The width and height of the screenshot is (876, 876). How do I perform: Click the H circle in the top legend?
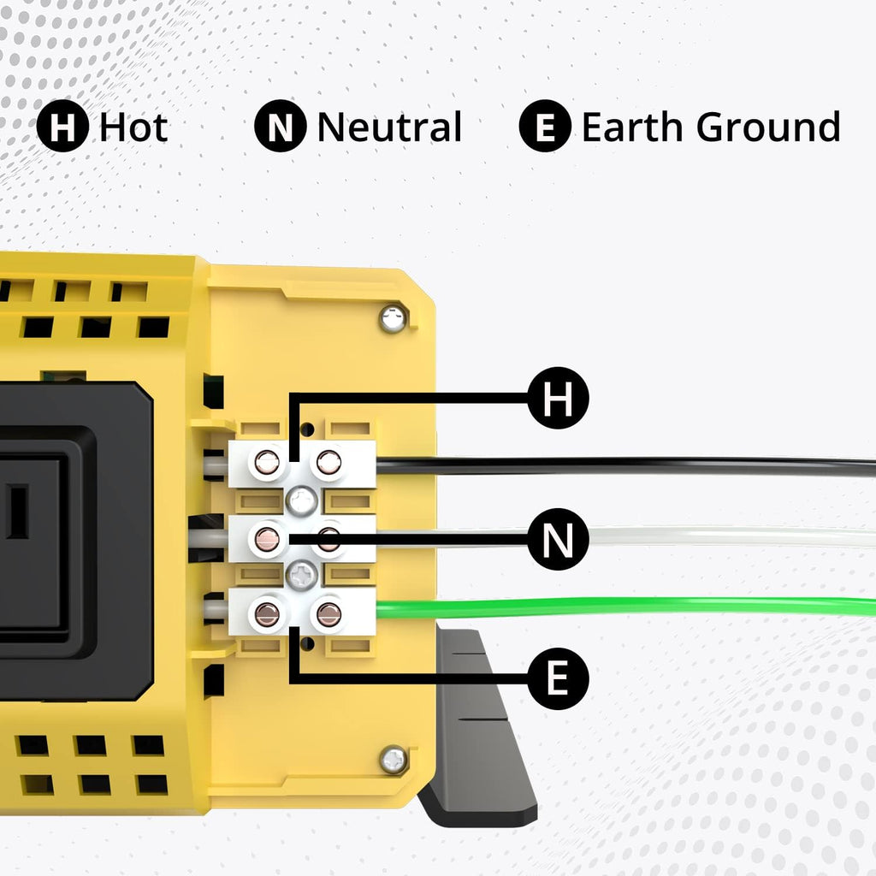(x=62, y=126)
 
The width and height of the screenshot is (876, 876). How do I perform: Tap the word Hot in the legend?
(x=133, y=127)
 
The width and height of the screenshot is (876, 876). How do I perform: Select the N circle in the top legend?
(x=280, y=126)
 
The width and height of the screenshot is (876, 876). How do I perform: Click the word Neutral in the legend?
(x=389, y=127)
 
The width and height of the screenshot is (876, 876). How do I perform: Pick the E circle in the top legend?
(x=545, y=126)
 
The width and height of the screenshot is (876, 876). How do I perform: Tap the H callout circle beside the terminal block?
(x=558, y=398)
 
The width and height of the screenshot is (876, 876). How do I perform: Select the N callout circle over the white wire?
(x=558, y=539)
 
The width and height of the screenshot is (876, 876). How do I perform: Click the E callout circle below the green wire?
(x=558, y=679)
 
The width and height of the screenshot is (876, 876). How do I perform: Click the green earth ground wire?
(x=625, y=607)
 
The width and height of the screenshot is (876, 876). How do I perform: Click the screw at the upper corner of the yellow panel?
(x=394, y=319)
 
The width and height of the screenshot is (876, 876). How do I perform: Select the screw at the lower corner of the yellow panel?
(x=394, y=760)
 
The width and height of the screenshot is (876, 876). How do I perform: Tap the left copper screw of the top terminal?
(x=267, y=462)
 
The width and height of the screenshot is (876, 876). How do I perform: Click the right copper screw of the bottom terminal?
(x=329, y=614)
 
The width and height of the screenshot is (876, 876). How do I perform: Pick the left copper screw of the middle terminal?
(x=267, y=539)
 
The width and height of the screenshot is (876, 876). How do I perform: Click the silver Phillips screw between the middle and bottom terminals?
(x=302, y=575)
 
